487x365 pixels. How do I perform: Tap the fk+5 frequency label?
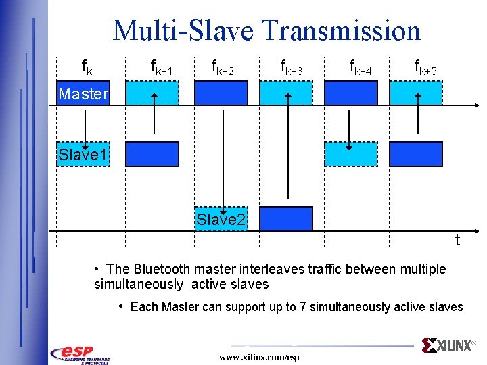pyautogui.click(x=425, y=66)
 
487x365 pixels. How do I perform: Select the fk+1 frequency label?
pyautogui.click(x=160, y=66)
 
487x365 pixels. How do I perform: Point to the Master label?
pyautogui.click(x=83, y=94)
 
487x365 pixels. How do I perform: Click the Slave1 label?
pyautogui.click(x=83, y=155)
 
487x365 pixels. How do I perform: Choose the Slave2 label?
pyautogui.click(x=221, y=219)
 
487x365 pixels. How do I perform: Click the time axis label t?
pyautogui.click(x=458, y=240)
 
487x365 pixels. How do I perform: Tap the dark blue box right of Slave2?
pyautogui.click(x=286, y=219)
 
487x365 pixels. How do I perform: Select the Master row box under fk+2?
pyautogui.click(x=221, y=93)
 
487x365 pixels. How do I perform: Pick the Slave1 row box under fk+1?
pyautogui.click(x=153, y=154)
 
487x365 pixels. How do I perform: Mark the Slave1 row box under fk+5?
pyautogui.click(x=415, y=154)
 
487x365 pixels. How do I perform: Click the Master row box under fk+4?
pyautogui.click(x=350, y=93)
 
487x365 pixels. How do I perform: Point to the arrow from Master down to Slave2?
pyautogui.click(x=221, y=155)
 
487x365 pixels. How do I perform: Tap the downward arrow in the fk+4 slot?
pyautogui.click(x=349, y=128)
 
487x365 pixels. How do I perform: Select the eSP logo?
pyautogui.click(x=80, y=354)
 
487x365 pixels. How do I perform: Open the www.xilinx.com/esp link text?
pyautogui.click(x=259, y=357)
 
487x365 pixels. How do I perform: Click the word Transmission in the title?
pyautogui.click(x=342, y=30)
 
